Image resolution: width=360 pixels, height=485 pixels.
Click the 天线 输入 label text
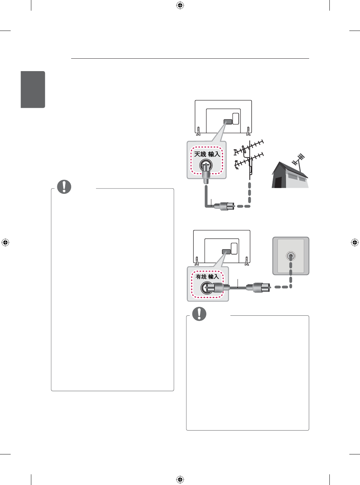click(x=207, y=154)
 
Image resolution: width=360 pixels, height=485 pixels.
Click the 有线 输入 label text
click(x=207, y=277)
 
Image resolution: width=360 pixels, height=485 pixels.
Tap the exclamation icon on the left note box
click(x=64, y=187)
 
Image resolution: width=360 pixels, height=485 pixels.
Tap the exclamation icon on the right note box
click(x=199, y=314)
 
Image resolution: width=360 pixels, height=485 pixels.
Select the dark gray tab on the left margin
click(x=33, y=89)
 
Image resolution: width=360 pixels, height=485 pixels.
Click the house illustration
click(x=290, y=176)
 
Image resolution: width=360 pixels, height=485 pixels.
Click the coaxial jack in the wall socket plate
click(x=291, y=256)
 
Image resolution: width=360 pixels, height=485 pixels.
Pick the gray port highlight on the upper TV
click(x=228, y=122)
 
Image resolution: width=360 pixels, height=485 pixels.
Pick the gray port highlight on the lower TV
click(x=226, y=252)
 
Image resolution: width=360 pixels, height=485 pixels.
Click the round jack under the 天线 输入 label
click(x=206, y=166)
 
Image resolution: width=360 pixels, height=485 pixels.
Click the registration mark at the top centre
click(x=180, y=5)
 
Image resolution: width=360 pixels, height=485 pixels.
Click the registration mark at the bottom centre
click(x=180, y=480)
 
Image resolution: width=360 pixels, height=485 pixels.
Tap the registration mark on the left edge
click(x=5, y=242)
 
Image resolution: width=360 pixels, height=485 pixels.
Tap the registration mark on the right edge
click(x=355, y=242)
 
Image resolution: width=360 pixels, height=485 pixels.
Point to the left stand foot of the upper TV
click(x=198, y=131)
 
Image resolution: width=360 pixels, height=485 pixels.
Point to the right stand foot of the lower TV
click(x=247, y=261)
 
